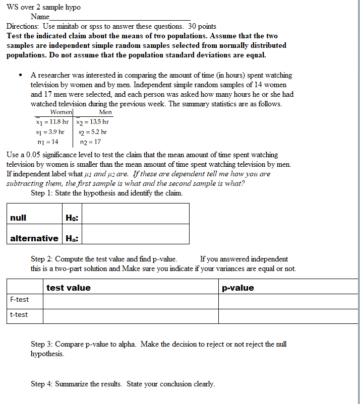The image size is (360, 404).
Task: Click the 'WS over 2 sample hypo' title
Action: (43, 7)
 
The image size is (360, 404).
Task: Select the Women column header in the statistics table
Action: (62, 112)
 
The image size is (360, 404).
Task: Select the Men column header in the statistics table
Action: (105, 112)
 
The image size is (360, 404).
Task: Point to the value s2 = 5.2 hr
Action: (93, 132)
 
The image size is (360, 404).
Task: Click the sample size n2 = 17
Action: (91, 142)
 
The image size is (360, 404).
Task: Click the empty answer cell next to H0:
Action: (135, 218)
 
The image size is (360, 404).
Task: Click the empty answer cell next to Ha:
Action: (135, 238)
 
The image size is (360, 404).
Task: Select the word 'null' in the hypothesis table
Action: (18, 218)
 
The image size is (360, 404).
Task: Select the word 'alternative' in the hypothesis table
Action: (34, 238)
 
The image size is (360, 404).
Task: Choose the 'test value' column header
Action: (69, 288)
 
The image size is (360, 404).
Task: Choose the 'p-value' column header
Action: (238, 288)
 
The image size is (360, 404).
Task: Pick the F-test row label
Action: (20, 300)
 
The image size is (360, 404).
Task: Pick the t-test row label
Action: (19, 315)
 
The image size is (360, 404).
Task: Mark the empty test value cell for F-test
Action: (130, 301)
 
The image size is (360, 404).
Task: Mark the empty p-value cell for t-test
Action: (288, 316)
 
